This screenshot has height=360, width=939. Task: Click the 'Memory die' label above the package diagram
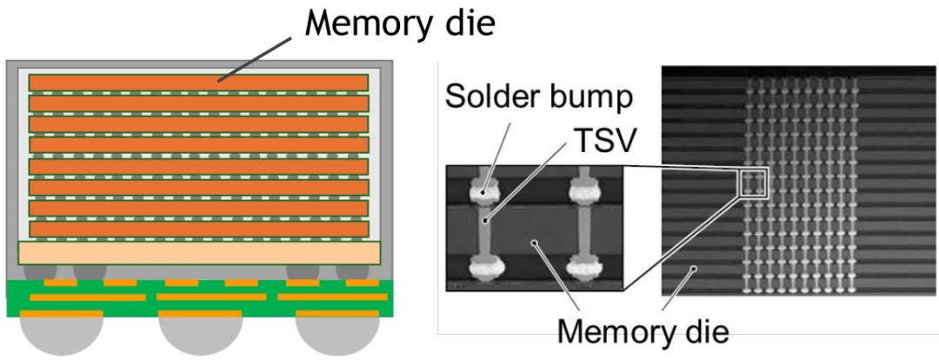(x=400, y=24)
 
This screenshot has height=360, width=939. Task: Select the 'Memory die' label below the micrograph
(x=643, y=330)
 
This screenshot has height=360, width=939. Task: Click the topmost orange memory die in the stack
(x=198, y=83)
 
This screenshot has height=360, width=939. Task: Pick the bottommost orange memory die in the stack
(x=198, y=229)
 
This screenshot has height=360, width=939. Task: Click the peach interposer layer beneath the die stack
(x=199, y=253)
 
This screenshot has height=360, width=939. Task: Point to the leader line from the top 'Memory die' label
(x=255, y=58)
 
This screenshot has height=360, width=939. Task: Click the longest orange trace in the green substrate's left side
(x=88, y=297)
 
